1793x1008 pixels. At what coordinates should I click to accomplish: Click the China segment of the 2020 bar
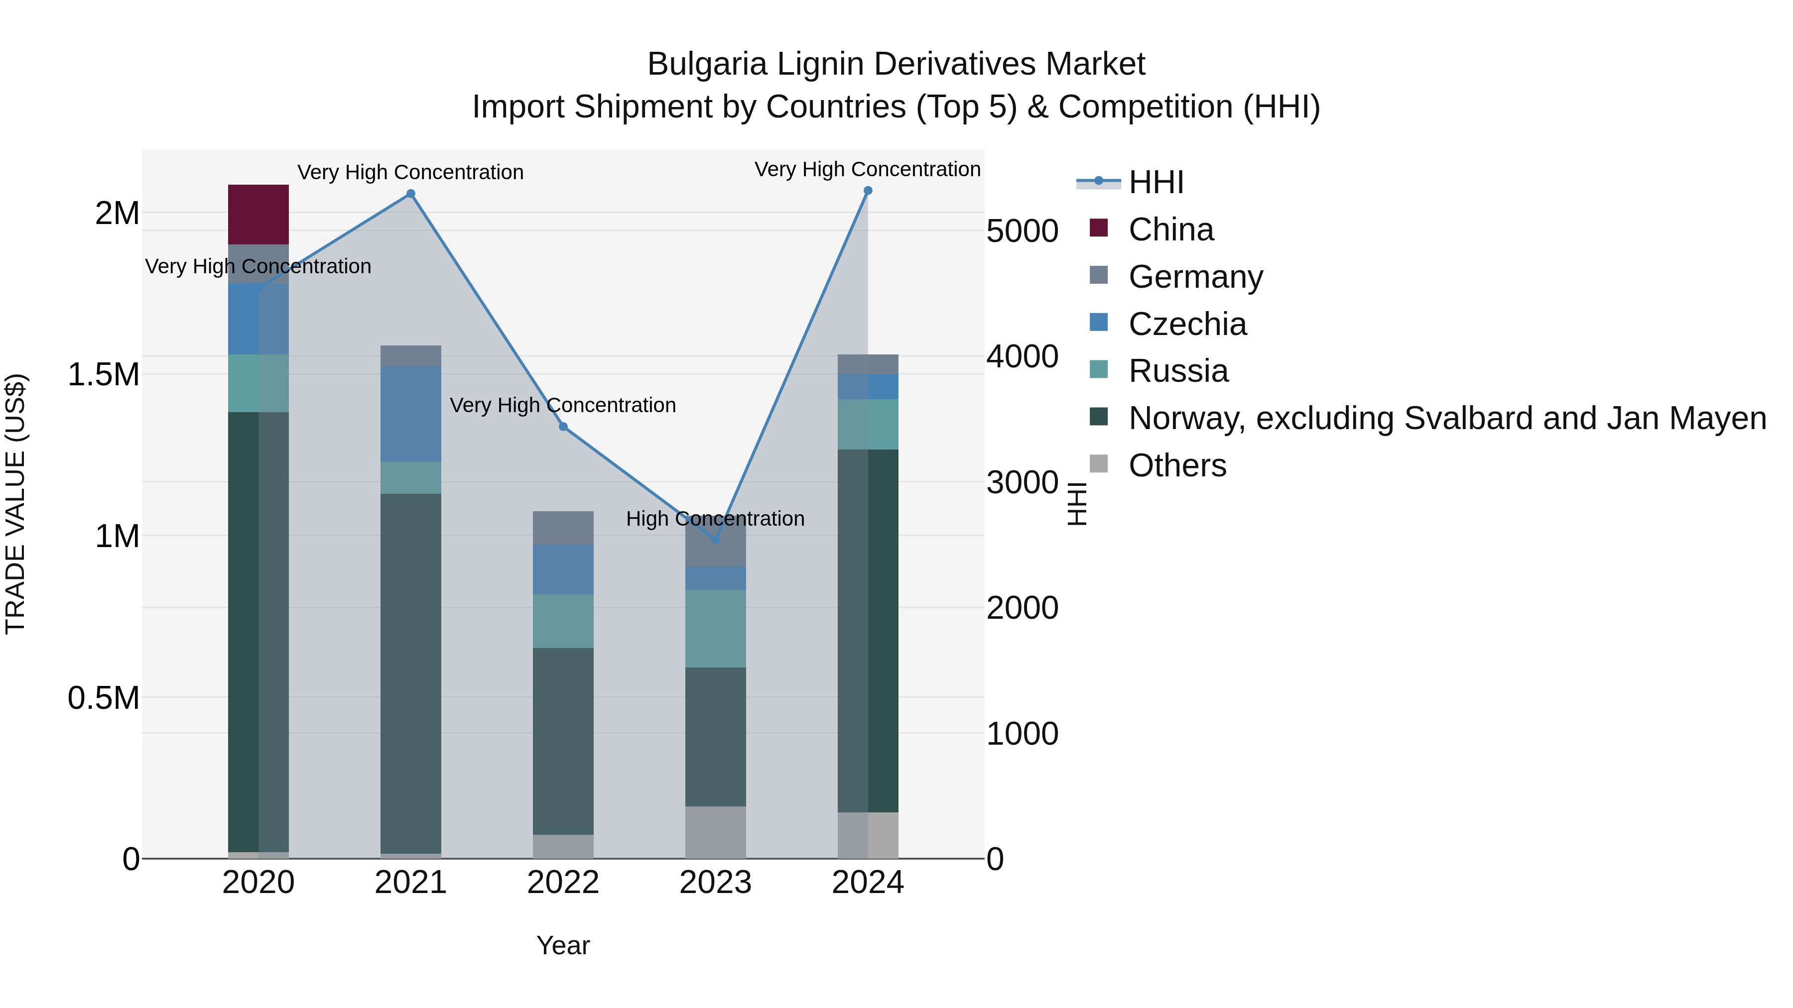pyautogui.click(x=258, y=214)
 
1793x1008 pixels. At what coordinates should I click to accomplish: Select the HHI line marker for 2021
pyautogui.click(x=411, y=194)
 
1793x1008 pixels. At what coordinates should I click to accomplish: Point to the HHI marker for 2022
pyautogui.click(x=563, y=427)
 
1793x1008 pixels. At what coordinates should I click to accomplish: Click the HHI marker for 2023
pyautogui.click(x=716, y=540)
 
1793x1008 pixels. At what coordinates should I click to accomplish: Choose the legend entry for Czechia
pyautogui.click(x=1187, y=324)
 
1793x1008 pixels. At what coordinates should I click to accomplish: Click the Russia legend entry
pyautogui.click(x=1178, y=371)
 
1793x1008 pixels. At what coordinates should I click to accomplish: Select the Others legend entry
pyautogui.click(x=1176, y=465)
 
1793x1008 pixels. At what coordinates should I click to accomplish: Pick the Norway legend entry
pyautogui.click(x=1446, y=418)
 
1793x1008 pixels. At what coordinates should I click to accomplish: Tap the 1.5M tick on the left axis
pyautogui.click(x=104, y=375)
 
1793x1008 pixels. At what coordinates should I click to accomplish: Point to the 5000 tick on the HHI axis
pyautogui.click(x=1022, y=231)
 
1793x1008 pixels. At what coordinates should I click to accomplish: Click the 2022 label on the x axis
pyautogui.click(x=563, y=883)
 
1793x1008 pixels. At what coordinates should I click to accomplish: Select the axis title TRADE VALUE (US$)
pyautogui.click(x=16, y=504)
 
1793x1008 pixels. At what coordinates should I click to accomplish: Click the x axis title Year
pyautogui.click(x=563, y=945)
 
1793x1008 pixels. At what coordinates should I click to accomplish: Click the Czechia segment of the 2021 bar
pyautogui.click(x=411, y=414)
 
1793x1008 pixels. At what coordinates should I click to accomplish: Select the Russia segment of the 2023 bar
pyautogui.click(x=716, y=628)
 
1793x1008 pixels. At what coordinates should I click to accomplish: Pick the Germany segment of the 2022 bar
pyautogui.click(x=563, y=528)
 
